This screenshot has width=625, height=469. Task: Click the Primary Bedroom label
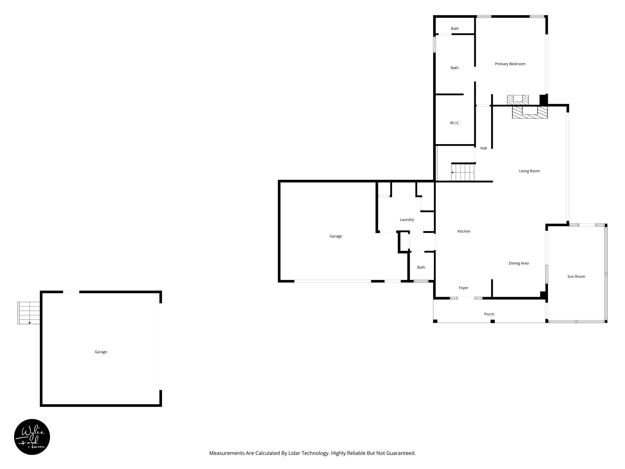510,64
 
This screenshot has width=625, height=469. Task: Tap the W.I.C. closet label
455,123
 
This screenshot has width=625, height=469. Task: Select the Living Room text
529,171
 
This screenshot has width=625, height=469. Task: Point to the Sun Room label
576,277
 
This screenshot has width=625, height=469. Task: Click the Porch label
489,314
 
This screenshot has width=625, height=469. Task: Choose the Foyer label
464,288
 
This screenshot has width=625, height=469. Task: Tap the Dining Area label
518,264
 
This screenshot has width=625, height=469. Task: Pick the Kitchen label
464,231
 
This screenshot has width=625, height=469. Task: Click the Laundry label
407,220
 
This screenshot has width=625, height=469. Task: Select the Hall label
483,148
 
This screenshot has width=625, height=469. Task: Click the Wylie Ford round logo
32,437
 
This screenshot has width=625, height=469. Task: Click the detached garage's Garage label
101,352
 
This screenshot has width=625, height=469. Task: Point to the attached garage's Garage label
336,236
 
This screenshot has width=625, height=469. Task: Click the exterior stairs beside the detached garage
29,313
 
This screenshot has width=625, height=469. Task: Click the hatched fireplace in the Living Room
530,112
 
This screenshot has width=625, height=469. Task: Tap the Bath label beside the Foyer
421,267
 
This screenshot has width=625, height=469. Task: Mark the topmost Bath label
455,29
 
